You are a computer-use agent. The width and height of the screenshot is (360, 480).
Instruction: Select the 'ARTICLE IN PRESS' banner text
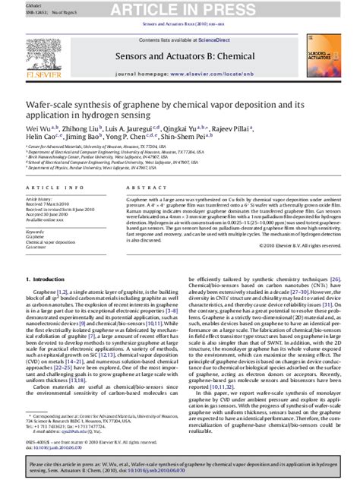(x=180, y=9)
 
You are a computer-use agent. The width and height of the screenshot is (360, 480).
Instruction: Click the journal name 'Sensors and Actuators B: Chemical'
(x=180, y=54)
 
